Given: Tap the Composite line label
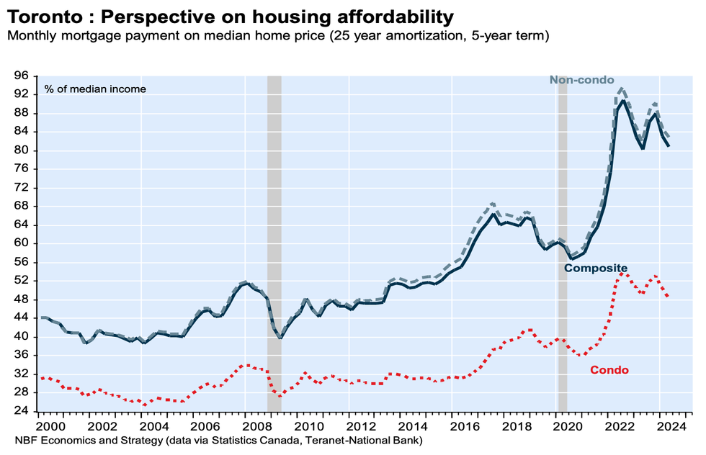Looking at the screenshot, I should pos(596,269).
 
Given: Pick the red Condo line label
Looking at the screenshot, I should pos(609,370).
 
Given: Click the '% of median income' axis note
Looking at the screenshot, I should pos(94,89).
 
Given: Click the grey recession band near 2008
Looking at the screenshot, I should pos(274,216).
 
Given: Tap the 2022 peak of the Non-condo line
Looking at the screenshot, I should pos(622,89).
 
